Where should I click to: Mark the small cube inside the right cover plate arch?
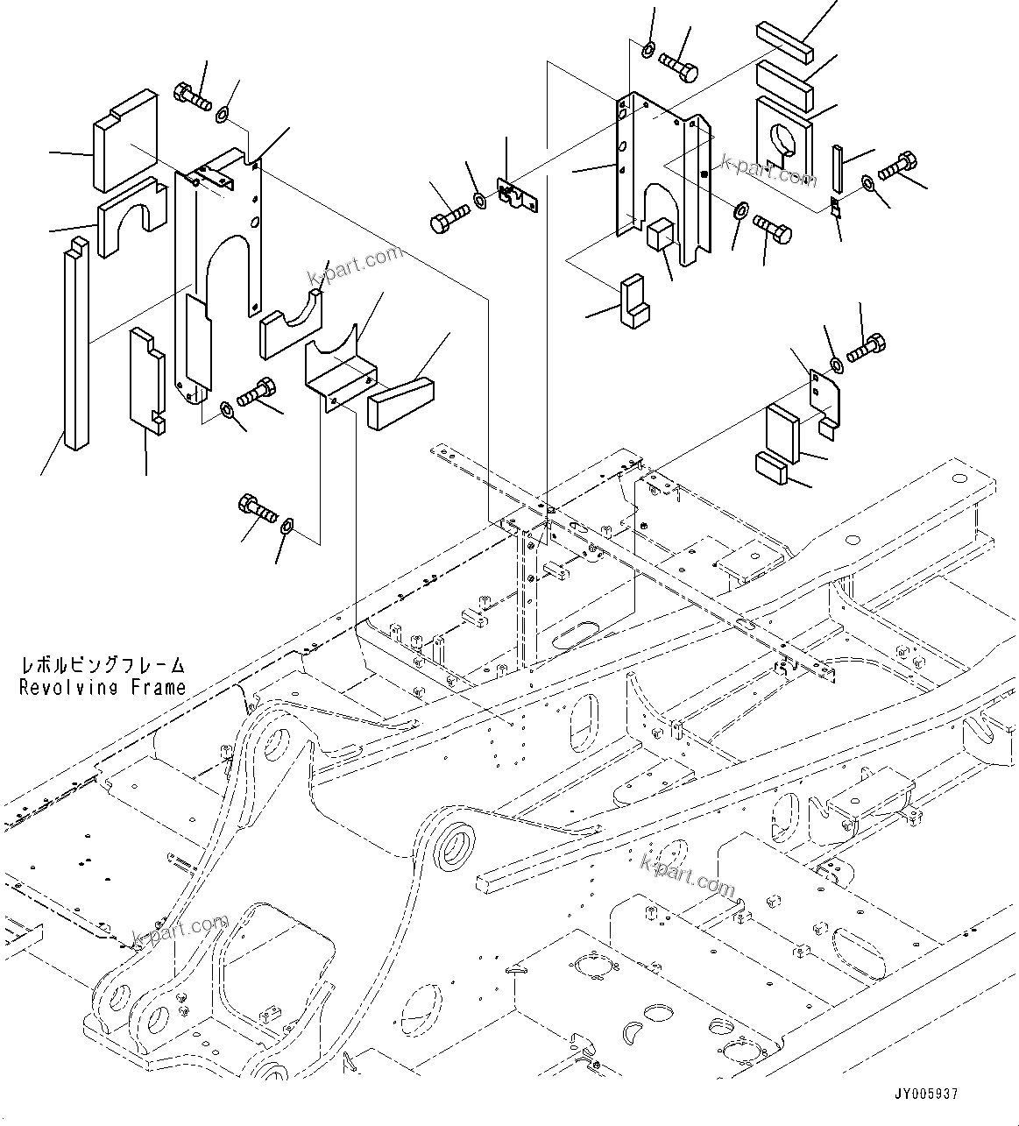click(661, 234)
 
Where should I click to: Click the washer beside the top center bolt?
click(647, 48)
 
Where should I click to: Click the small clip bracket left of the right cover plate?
click(514, 195)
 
